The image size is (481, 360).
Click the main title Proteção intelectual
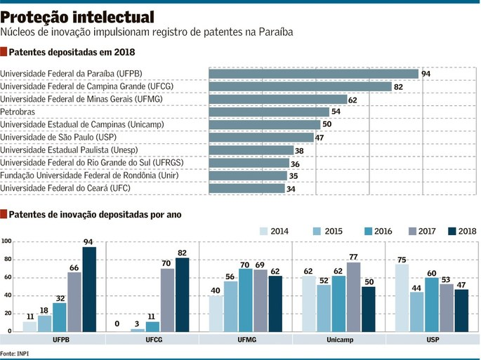(x=78, y=15)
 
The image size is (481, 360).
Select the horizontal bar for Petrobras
(x=269, y=112)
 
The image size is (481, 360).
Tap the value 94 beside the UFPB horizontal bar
(x=426, y=74)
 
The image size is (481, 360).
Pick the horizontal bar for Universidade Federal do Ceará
(x=247, y=188)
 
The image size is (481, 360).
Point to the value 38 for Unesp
(x=300, y=150)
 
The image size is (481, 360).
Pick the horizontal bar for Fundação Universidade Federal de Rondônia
(x=248, y=175)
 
